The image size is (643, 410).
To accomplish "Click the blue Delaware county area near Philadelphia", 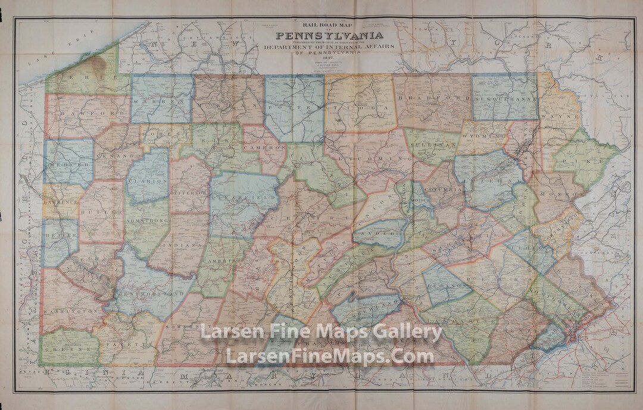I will click(547, 340).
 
